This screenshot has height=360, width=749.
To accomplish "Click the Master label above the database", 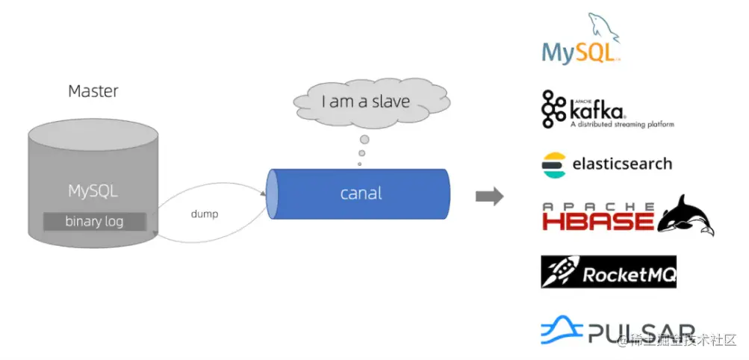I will click(93, 91).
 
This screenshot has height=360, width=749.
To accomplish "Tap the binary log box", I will click(94, 221).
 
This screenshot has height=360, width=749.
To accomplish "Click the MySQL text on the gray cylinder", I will click(93, 190).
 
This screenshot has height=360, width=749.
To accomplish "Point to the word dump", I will click(204, 214).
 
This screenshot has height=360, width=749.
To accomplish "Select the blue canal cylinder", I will click(358, 193).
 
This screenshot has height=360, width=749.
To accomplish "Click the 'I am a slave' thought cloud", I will click(365, 102).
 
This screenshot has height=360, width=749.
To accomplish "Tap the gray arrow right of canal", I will click(489, 196).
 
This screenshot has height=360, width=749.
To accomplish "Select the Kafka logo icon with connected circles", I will click(553, 108).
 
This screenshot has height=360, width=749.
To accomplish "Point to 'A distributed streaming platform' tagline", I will click(621, 125).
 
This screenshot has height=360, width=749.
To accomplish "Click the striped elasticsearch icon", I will click(554, 164).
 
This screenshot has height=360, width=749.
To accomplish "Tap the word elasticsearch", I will click(621, 164).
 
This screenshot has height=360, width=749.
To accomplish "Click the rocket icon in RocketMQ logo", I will click(560, 273).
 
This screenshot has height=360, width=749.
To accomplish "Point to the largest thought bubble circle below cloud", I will click(364, 140).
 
